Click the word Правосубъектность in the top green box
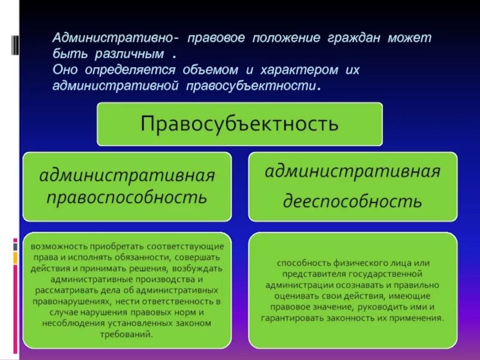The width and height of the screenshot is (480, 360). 239,124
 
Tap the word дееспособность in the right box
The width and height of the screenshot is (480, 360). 353,200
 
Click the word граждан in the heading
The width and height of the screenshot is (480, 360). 352,38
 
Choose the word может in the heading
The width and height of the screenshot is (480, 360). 409,38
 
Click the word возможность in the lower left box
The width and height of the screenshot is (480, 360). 58,246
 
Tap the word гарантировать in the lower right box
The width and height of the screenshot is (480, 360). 290,318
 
